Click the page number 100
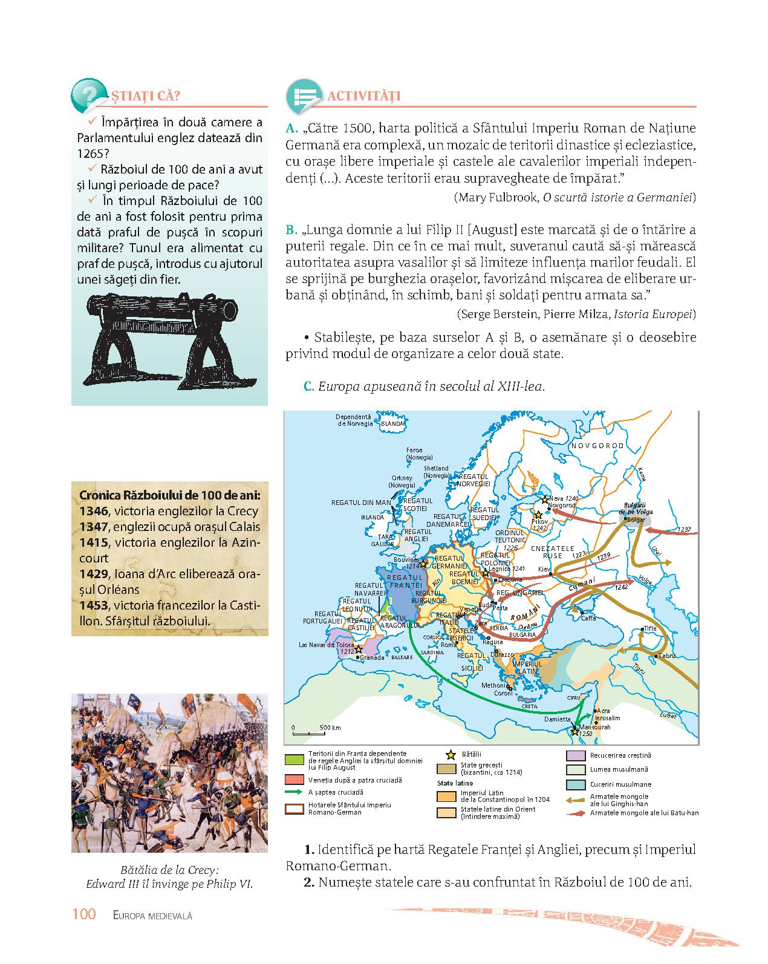84,914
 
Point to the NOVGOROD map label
597,445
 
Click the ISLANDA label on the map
391,424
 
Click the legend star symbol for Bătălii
450,755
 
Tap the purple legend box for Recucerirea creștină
574,756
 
